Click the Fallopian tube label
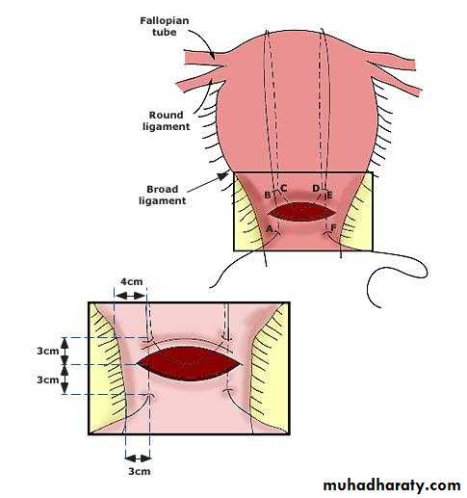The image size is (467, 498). [x=165, y=26]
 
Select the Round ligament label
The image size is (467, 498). [x=167, y=120]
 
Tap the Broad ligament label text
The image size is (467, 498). [x=163, y=195]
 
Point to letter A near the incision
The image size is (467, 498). [x=270, y=229]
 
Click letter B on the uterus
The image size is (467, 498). [x=267, y=195]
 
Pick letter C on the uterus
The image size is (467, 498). [x=283, y=188]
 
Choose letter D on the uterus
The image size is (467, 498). [x=316, y=188]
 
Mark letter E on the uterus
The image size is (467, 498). [x=329, y=196]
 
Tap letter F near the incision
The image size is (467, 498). [x=333, y=228]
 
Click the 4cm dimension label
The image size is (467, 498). [x=131, y=281]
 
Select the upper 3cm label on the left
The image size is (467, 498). [x=48, y=351]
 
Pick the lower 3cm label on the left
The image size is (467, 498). [x=48, y=380]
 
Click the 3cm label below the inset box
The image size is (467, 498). [x=140, y=471]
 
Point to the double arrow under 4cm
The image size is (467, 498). [x=130, y=296]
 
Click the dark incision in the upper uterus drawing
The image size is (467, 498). [x=301, y=212]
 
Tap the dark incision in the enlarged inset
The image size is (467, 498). [x=189, y=364]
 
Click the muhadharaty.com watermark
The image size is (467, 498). [x=392, y=485]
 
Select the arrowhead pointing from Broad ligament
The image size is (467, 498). [x=222, y=176]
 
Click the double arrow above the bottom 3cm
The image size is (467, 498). [x=138, y=458]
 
